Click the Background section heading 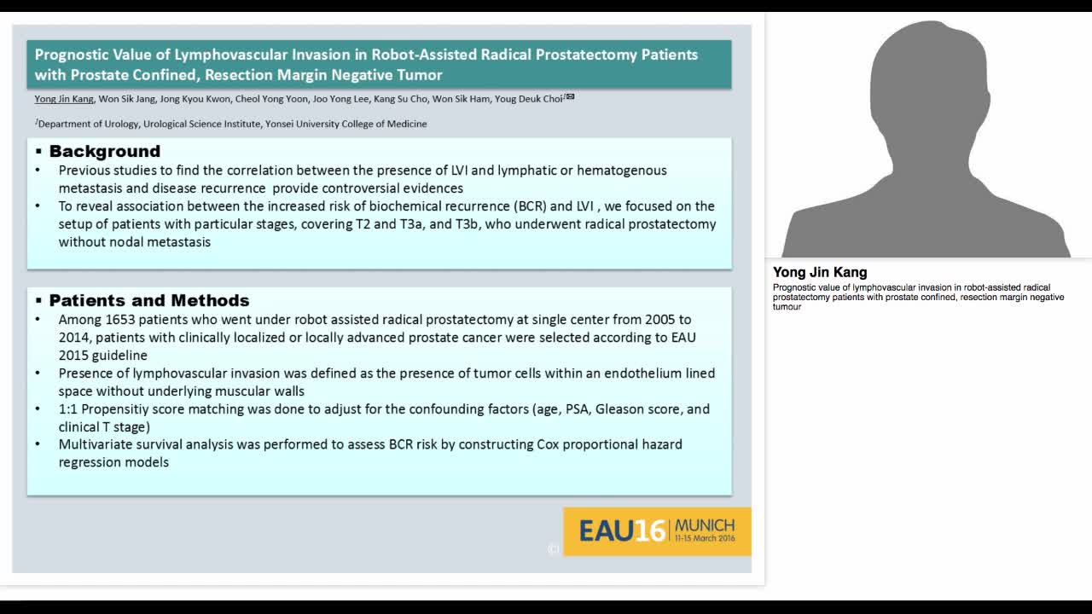point(105,152)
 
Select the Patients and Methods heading point(149,301)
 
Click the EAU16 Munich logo point(657,531)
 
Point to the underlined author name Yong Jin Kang point(64,99)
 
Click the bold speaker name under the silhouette point(820,273)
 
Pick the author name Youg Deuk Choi point(528,99)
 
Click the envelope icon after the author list point(570,97)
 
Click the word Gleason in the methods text point(619,409)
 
